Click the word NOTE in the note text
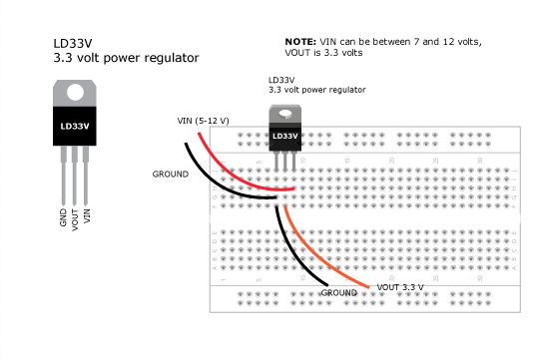(x=300, y=41)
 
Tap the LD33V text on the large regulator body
(x=75, y=127)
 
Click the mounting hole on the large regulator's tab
(x=75, y=91)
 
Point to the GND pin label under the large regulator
(x=63, y=218)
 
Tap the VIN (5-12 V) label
(x=203, y=121)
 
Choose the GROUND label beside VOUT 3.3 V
(x=338, y=292)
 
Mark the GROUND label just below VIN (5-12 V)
(x=170, y=174)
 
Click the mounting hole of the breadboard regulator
(x=284, y=113)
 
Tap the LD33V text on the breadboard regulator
(x=284, y=136)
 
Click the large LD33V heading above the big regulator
(x=74, y=45)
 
